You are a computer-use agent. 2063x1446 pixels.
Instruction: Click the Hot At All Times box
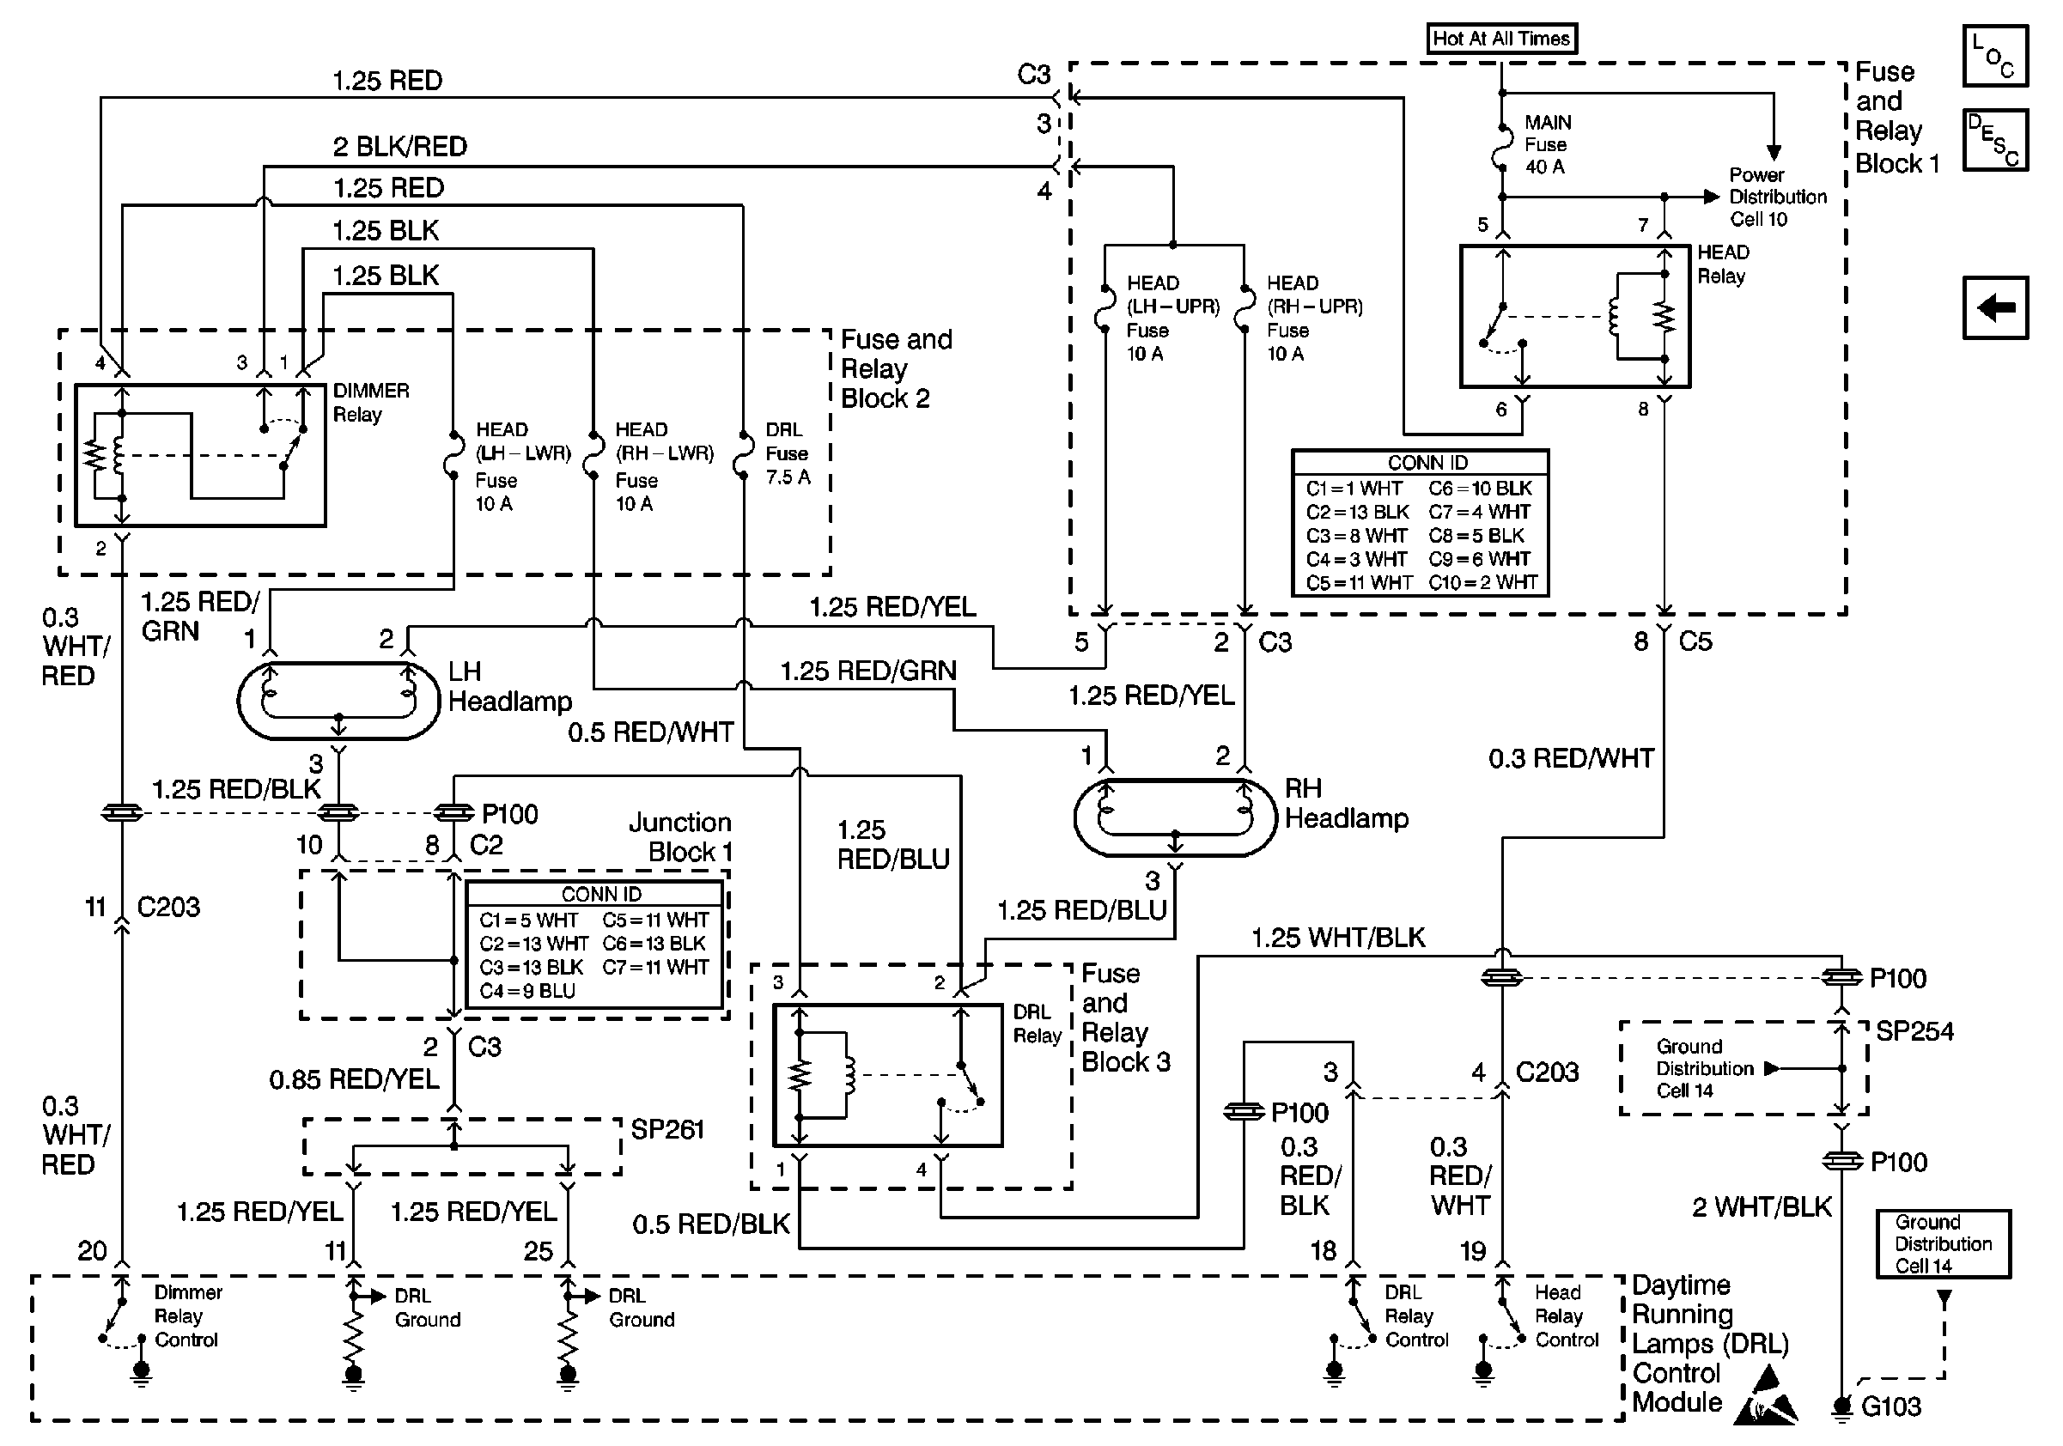[1500, 39]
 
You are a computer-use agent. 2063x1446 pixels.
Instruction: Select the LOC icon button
[1994, 56]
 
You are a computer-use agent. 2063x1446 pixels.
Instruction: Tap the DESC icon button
[1994, 139]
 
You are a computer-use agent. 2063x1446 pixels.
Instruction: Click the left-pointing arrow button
[1994, 308]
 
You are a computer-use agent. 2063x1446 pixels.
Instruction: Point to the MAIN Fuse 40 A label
[1548, 144]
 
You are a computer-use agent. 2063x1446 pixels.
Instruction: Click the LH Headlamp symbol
[338, 701]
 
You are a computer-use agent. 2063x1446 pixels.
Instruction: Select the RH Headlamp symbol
[1174, 817]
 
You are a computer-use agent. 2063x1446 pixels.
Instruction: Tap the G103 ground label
[1890, 1407]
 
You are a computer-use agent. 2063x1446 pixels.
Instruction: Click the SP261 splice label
[666, 1129]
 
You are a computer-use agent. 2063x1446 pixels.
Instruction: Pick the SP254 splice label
[1914, 1031]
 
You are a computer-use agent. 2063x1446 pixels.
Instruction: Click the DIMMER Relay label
[370, 403]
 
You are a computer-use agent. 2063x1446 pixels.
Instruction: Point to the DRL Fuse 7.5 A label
[787, 453]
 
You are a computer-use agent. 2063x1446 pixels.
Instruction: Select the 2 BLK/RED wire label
[400, 146]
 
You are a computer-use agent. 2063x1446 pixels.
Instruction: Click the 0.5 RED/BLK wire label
[711, 1224]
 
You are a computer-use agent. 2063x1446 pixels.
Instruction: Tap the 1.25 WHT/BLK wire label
[1338, 938]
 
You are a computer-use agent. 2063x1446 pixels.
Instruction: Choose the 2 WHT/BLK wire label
[1761, 1207]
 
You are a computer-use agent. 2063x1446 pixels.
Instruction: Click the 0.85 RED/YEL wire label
[354, 1078]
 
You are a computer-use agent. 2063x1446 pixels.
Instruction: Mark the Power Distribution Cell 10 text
[1777, 197]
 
